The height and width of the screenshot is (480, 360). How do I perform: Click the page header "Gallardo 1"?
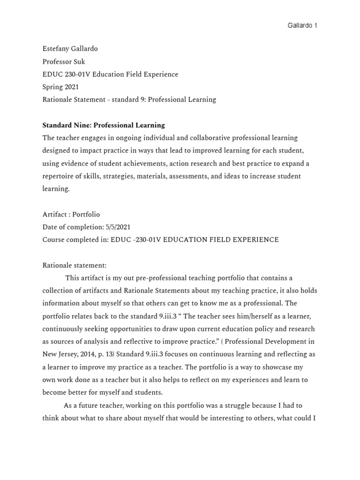pos(302,25)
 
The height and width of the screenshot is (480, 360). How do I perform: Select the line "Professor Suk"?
pos(63,61)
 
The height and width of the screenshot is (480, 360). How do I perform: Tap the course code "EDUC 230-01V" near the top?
pos(63,74)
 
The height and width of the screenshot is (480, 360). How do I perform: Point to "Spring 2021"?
pos(60,87)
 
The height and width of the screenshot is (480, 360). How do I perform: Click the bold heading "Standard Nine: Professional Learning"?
pos(104,125)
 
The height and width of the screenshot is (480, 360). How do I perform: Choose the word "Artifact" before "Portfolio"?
pos(54,214)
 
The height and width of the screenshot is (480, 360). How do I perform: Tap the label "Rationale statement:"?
pos(75,265)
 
